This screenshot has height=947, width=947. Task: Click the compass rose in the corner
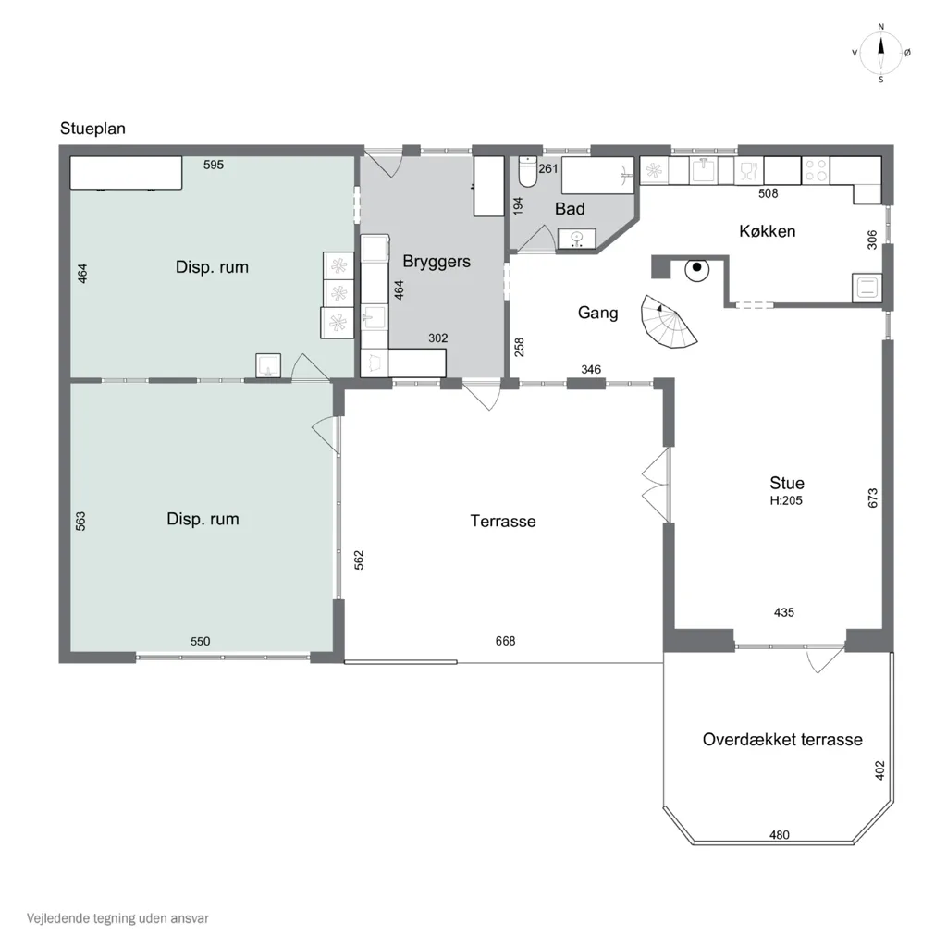point(881,53)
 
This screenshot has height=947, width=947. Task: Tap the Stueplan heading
point(93,129)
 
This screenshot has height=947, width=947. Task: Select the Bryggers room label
point(437,262)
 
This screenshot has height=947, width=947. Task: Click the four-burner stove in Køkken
point(816,170)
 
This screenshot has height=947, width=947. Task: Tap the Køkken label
point(767,231)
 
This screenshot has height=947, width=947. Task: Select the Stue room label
point(787,483)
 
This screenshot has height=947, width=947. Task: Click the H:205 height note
point(786,500)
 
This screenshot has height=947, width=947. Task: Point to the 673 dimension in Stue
point(873,498)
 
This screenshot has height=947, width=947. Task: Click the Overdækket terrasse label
point(782,740)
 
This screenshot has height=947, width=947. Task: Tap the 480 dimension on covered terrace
point(780,835)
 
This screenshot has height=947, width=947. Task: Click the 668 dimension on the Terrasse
point(506,641)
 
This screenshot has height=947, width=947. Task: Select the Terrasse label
point(503,522)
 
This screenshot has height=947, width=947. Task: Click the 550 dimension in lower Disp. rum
point(201,642)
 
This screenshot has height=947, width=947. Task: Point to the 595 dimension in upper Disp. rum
point(214,165)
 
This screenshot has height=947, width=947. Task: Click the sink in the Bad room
point(577,239)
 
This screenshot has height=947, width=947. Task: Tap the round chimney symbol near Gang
point(697,268)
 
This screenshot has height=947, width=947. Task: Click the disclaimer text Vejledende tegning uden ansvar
point(117,918)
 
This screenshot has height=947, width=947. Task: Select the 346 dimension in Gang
point(591,370)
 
